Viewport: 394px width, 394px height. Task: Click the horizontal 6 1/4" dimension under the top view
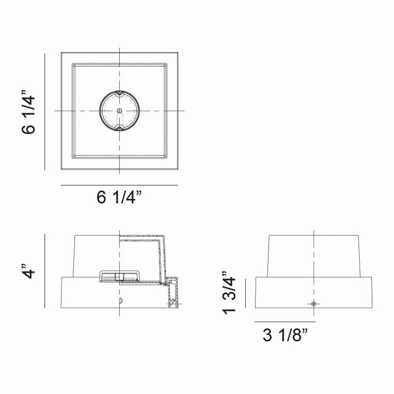(119, 198)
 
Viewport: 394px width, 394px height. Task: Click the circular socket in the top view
(119, 111)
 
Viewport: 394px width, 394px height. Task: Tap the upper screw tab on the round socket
(119, 94)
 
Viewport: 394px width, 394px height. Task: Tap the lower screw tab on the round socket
(119, 129)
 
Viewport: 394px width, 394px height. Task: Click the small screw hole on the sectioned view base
(121, 302)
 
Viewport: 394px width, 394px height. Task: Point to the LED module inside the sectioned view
(119, 276)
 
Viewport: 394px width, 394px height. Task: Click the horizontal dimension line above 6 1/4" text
(119, 186)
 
